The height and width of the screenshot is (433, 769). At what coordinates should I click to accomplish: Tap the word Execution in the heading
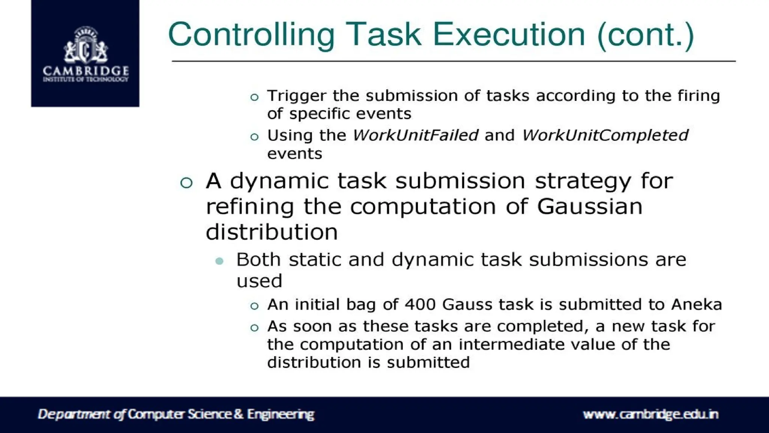pyautogui.click(x=509, y=35)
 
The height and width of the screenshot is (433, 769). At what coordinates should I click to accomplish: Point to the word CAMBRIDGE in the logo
pyautogui.click(x=86, y=71)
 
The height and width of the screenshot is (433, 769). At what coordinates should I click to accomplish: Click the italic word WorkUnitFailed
pyautogui.click(x=415, y=135)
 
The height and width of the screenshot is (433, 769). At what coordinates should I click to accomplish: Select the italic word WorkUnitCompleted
pyautogui.click(x=605, y=135)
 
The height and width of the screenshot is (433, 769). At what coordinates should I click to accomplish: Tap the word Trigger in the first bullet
pyautogui.click(x=296, y=96)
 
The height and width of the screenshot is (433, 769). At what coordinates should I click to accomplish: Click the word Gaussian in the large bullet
pyautogui.click(x=590, y=206)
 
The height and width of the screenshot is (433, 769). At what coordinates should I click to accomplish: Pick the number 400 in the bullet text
pyautogui.click(x=420, y=304)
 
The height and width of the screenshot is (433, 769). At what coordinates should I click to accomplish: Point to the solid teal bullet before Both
pyautogui.click(x=220, y=261)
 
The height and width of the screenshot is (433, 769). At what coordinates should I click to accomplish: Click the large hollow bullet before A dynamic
pyautogui.click(x=186, y=183)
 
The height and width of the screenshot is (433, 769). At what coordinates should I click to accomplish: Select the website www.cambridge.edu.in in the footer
pyautogui.click(x=650, y=414)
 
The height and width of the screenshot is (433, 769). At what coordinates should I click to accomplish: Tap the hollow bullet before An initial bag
pyautogui.click(x=255, y=306)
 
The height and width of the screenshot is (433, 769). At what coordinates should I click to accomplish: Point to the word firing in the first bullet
pyautogui.click(x=698, y=96)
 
